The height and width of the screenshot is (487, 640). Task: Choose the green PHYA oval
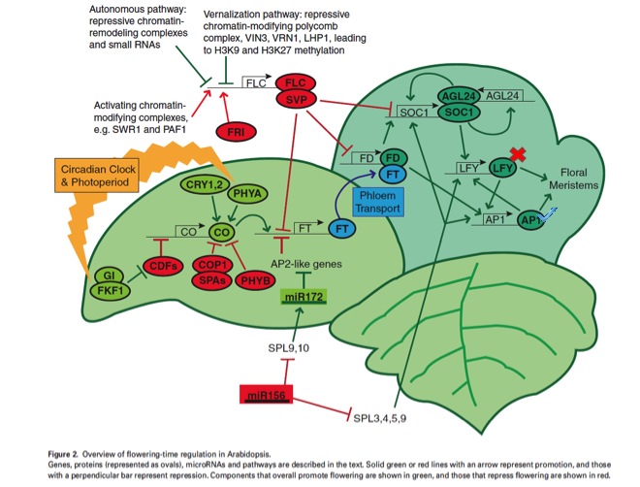coord(245,194)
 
